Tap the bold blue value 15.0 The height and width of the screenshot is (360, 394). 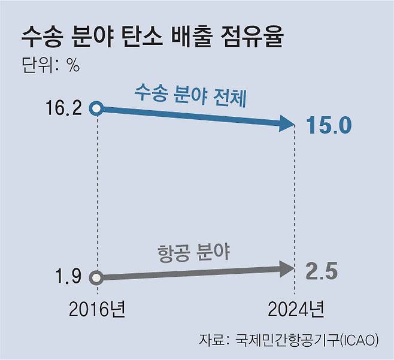click(331, 125)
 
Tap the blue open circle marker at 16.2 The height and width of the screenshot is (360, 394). click(97, 108)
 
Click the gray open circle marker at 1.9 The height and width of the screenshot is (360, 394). click(97, 277)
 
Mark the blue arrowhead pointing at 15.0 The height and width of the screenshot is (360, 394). click(287, 124)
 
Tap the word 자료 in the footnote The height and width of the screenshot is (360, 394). click(211, 340)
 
